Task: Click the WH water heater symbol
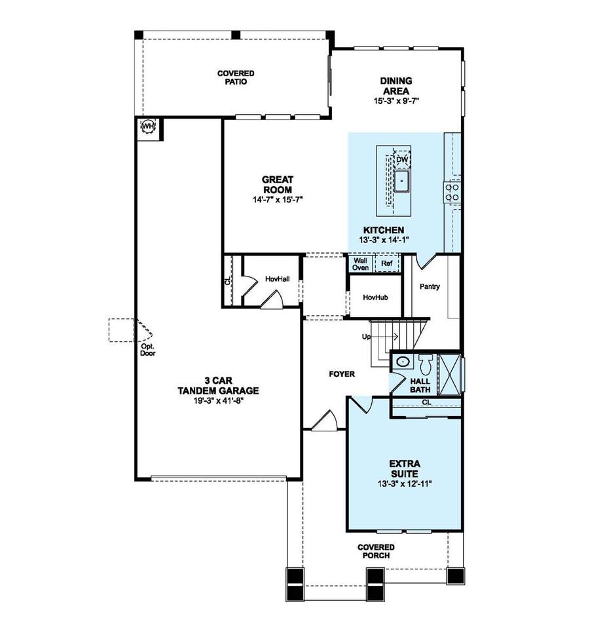pyautogui.click(x=149, y=126)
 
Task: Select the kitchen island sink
pyautogui.click(x=401, y=181)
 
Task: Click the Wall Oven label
pyautogui.click(x=360, y=264)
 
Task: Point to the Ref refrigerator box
pyautogui.click(x=387, y=263)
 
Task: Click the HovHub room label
pyautogui.click(x=375, y=297)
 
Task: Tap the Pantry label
pyautogui.click(x=430, y=286)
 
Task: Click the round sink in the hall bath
pyautogui.click(x=402, y=362)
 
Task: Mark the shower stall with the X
pyautogui.click(x=449, y=375)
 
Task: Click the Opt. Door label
pyautogui.click(x=147, y=350)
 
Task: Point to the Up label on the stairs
pyautogui.click(x=367, y=337)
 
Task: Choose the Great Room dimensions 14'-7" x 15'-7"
pyautogui.click(x=278, y=199)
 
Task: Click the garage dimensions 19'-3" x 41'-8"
pyautogui.click(x=219, y=400)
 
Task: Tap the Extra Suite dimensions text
pyautogui.click(x=405, y=484)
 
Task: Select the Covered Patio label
pyautogui.click(x=236, y=77)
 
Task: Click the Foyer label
pyautogui.click(x=342, y=374)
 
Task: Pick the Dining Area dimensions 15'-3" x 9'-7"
pyautogui.click(x=397, y=101)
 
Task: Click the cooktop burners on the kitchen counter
pyautogui.click(x=452, y=192)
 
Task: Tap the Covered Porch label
pyautogui.click(x=376, y=551)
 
